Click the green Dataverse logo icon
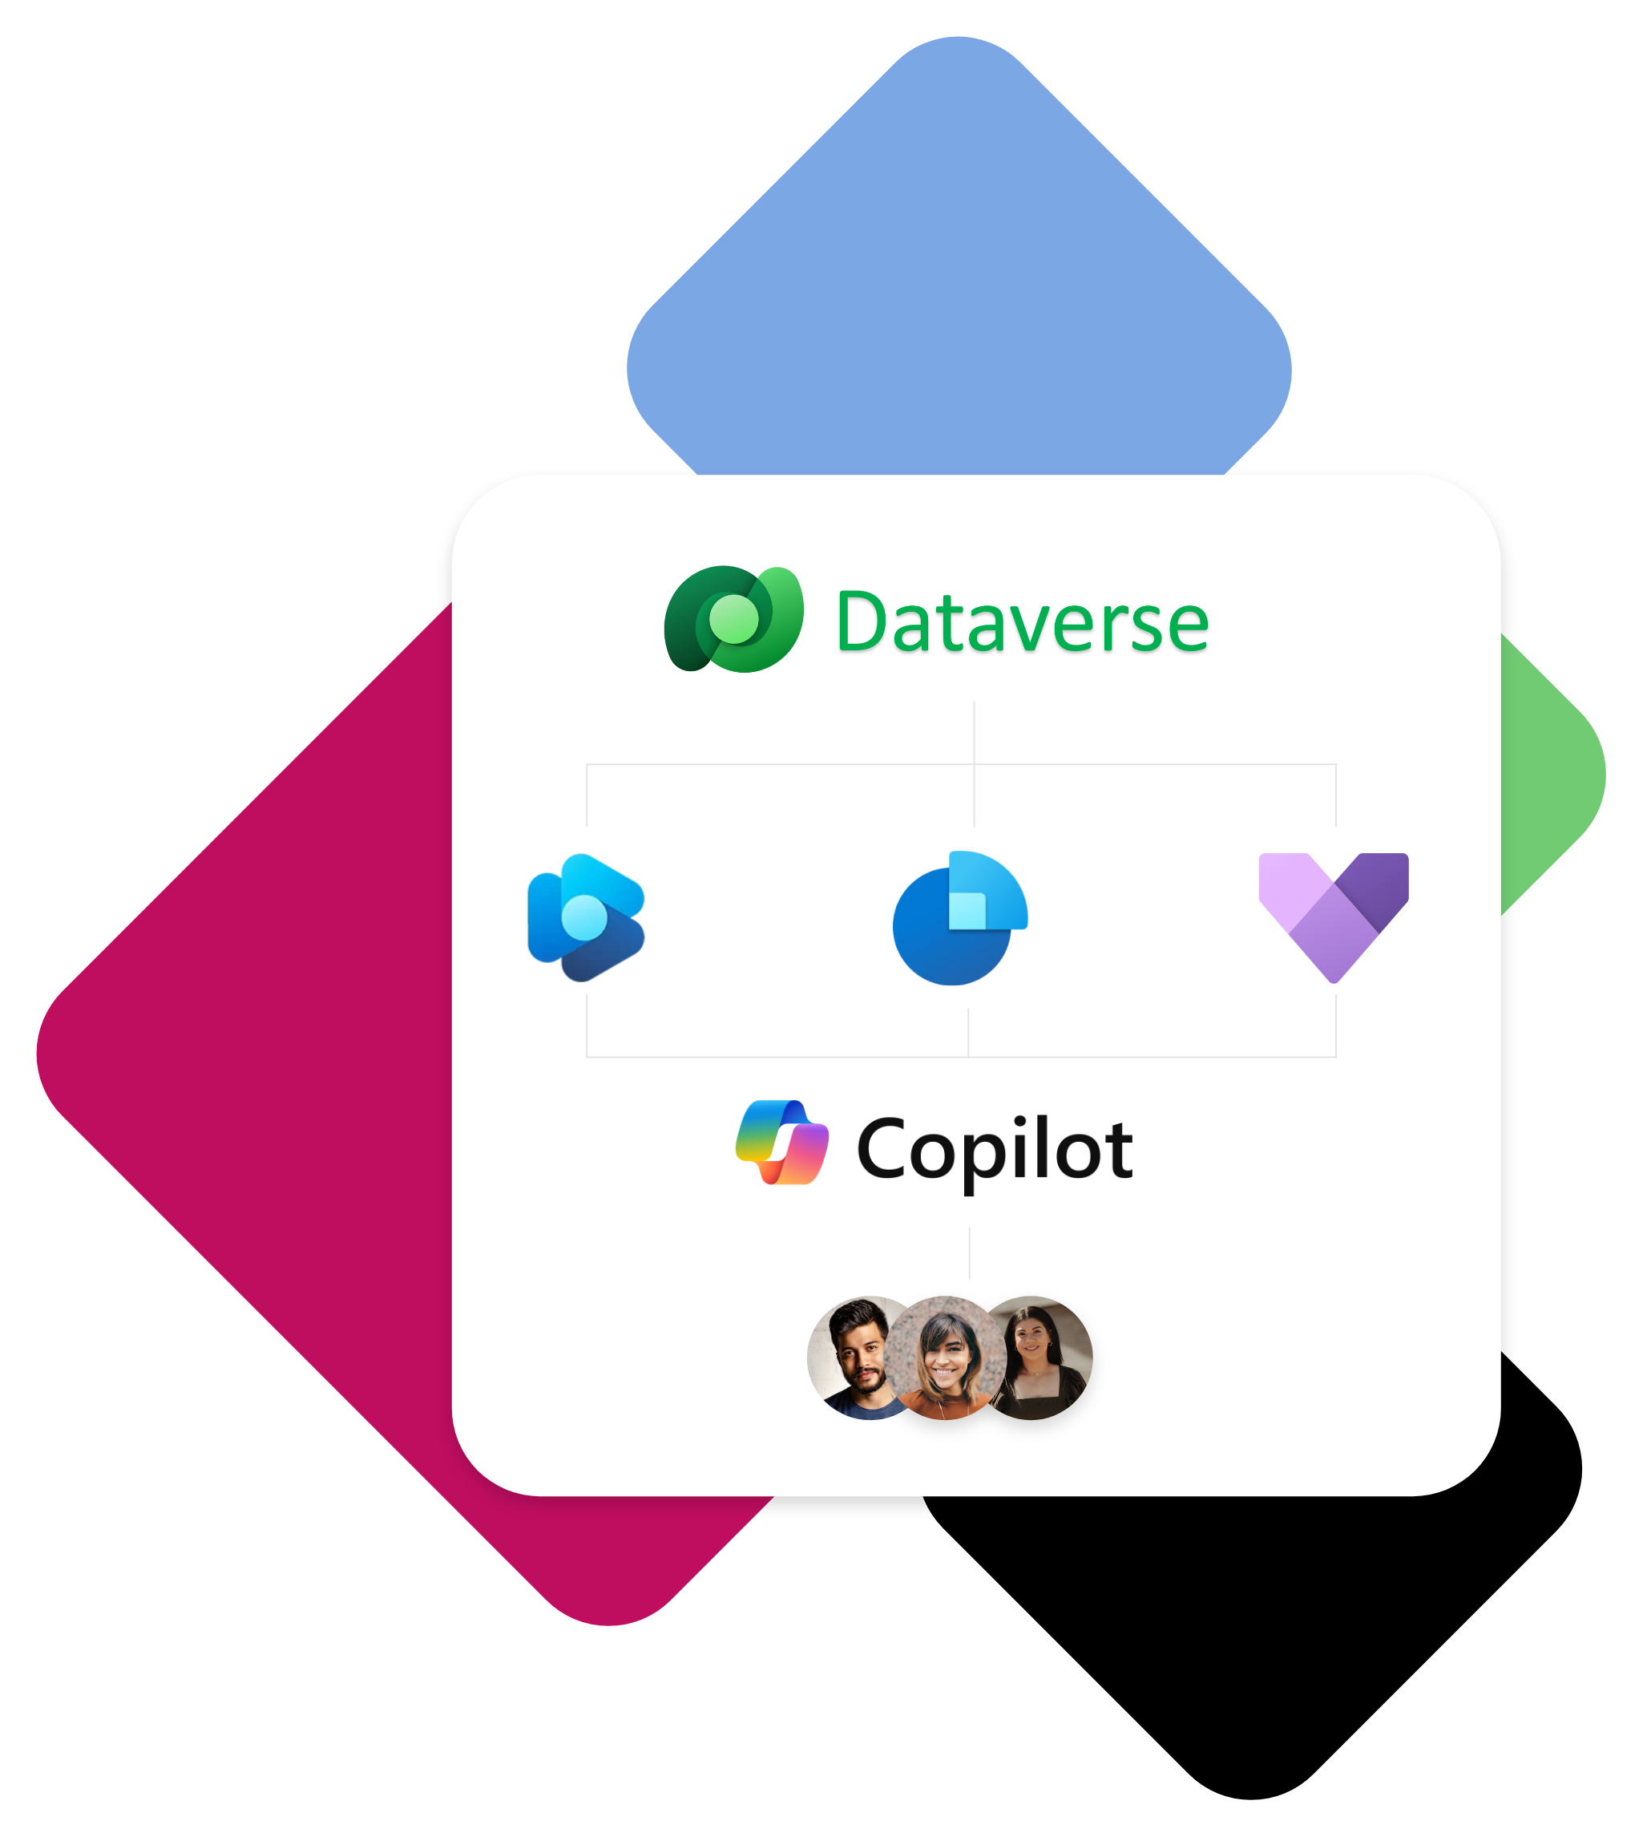pos(733,620)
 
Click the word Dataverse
pos(1022,622)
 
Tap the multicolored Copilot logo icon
pos(781,1143)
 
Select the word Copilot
pos(994,1150)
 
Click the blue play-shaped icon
pos(586,916)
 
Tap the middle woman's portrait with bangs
pos(946,1358)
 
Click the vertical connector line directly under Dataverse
pos(974,732)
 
